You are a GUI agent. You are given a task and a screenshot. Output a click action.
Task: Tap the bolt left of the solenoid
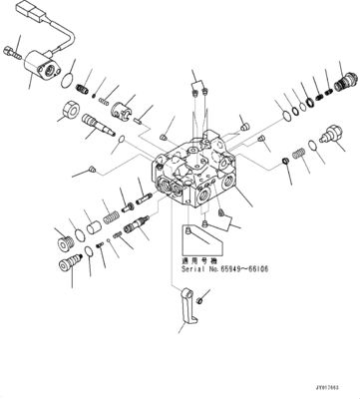click(12, 50)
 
